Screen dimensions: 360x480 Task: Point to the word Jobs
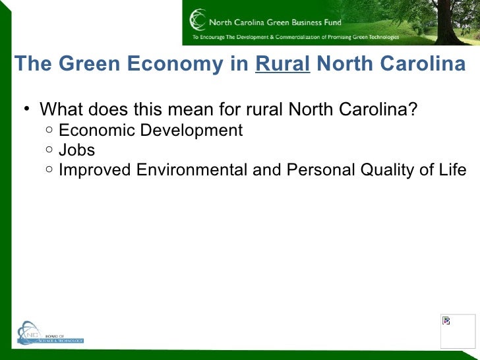tap(76, 150)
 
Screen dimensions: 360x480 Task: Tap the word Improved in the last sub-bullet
tap(95, 170)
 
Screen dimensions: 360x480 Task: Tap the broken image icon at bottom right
tap(446, 321)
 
